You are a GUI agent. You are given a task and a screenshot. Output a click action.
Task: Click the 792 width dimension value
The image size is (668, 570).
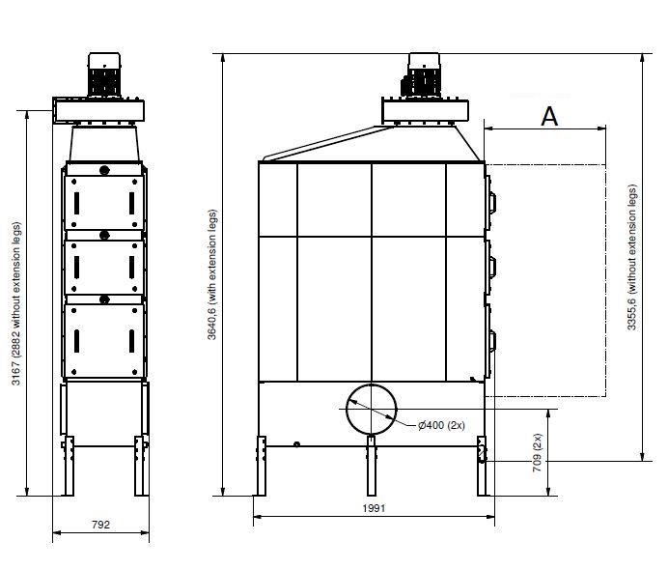pos(100,525)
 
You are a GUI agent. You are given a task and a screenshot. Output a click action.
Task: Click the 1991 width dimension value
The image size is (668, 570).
pos(374,508)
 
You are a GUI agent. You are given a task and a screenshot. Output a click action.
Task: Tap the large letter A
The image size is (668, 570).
pos(549,116)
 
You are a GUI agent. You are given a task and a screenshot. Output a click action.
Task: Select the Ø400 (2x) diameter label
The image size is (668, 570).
pos(441,425)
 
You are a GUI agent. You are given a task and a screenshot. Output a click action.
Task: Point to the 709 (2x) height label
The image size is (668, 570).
pos(538,452)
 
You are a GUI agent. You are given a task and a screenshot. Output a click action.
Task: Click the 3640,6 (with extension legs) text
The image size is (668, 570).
pos(212,274)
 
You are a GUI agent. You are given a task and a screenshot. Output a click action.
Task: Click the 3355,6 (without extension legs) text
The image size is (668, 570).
pos(631,257)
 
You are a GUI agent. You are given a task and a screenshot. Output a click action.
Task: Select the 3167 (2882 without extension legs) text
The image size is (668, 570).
pos(15,303)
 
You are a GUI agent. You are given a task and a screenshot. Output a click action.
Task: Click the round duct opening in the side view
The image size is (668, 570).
pos(371,410)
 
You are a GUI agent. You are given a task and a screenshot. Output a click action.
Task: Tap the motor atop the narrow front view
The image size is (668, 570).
pos(104,75)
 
